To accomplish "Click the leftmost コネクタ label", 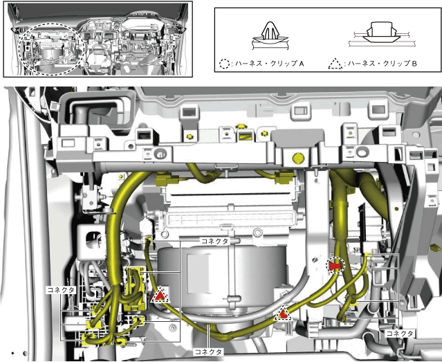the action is (60, 290).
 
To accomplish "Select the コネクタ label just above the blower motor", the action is (214, 240).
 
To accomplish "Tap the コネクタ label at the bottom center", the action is (208, 352).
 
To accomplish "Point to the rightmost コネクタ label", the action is (400, 333).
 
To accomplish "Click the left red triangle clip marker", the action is (159, 296).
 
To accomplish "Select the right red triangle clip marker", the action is (282, 314).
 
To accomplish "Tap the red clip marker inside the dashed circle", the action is (335, 265).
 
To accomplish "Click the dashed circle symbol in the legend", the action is (223, 64).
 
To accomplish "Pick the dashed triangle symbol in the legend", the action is (335, 64).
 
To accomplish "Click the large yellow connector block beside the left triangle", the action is (136, 287).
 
